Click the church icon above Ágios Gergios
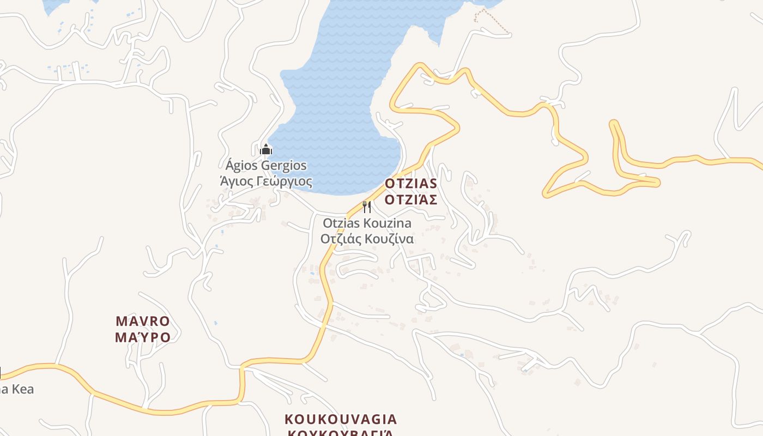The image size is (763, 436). pos(266,149)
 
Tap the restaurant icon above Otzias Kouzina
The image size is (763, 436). pos(367,207)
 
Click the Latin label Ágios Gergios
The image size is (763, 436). pos(266,166)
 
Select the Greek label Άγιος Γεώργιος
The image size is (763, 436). pos(266,181)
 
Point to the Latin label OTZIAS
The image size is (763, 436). pos(411,183)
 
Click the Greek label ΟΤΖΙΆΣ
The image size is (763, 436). pos(411,200)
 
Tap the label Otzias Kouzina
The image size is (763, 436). pos(367,223)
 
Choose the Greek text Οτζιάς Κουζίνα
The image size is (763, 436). pos(367,239)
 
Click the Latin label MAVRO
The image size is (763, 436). pos(143,320)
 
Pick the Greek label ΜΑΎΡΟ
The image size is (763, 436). pos(143,337)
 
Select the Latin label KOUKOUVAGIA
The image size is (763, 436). pos(341,420)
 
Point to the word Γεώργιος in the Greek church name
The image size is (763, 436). pos(286,181)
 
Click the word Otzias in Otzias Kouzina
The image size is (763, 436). pos(340,223)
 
